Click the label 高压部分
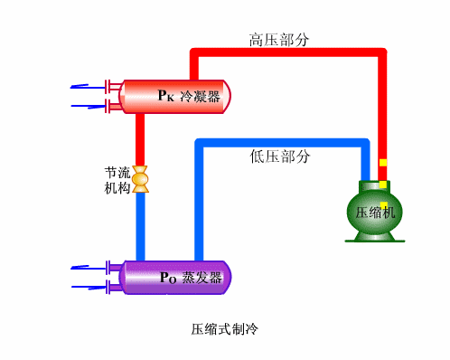[280, 39]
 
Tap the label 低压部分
[280, 156]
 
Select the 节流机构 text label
[117, 180]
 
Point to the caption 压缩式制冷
[225, 327]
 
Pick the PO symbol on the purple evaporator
[167, 278]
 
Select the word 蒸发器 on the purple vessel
[202, 278]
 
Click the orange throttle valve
[140, 178]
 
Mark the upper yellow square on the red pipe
[383, 163]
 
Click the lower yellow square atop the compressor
[383, 185]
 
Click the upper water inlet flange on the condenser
[112, 87]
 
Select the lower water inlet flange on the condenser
[112, 107]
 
